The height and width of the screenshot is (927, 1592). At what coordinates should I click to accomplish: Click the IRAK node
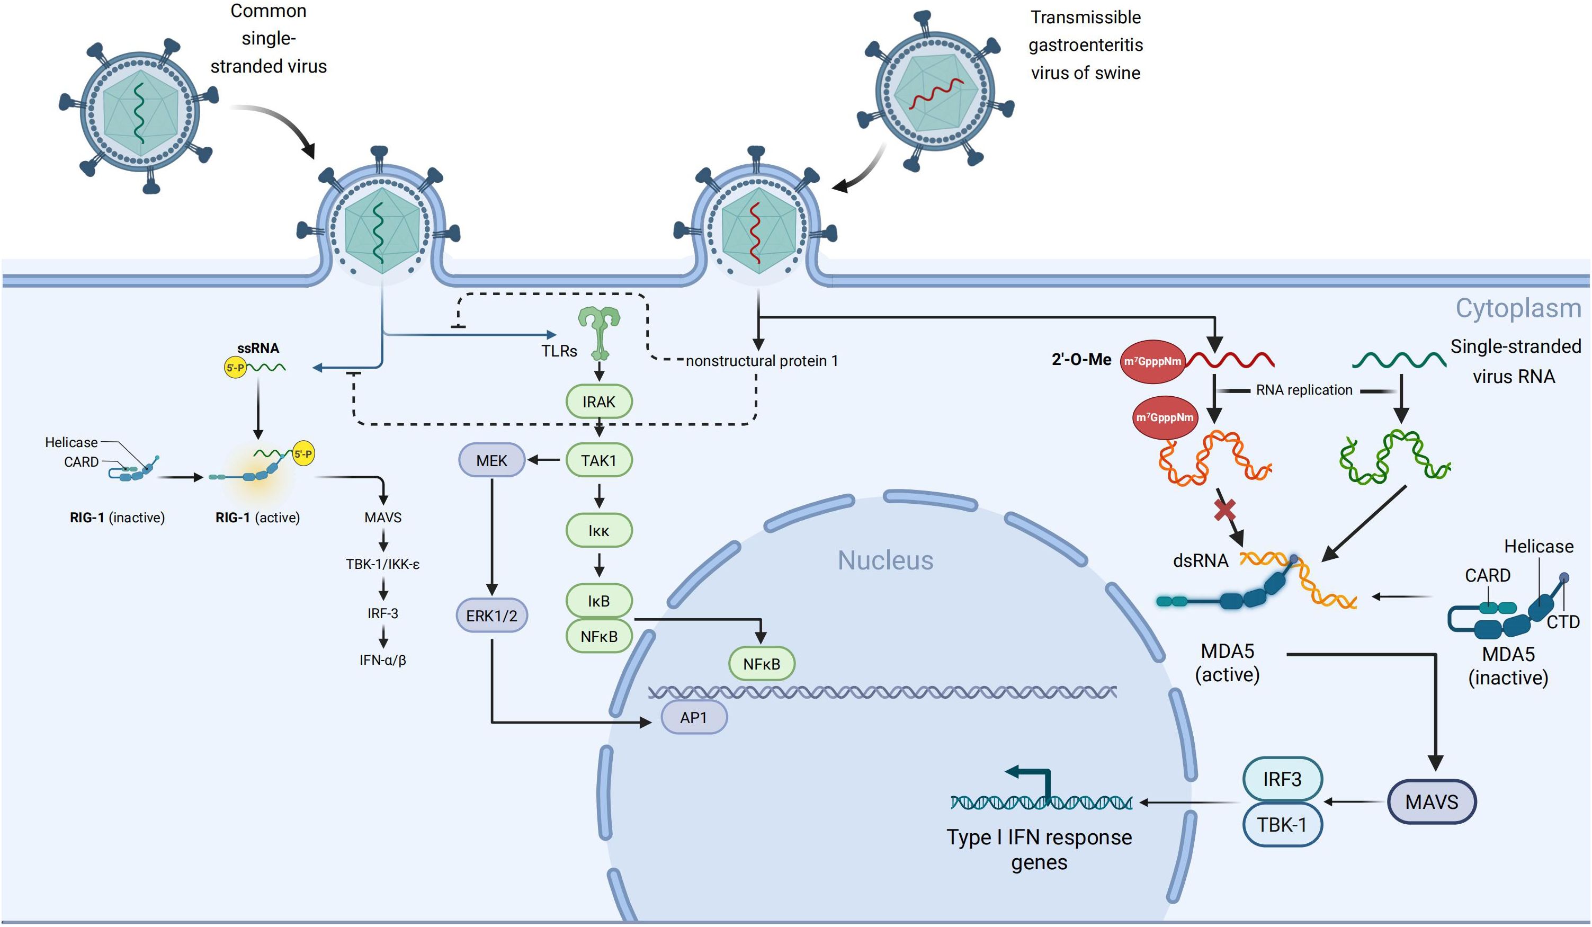pos(598,402)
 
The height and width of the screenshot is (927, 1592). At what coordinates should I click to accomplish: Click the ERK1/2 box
pos(491,616)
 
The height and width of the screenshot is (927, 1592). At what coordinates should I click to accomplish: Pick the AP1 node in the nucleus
pos(694,717)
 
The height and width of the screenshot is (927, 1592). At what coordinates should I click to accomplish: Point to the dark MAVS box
pos(1432,802)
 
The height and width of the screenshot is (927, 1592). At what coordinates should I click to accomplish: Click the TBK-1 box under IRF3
pos(1282,825)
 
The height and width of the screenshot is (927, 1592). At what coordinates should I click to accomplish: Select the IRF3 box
pos(1282,779)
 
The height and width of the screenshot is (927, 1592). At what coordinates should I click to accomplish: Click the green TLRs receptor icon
pos(599,332)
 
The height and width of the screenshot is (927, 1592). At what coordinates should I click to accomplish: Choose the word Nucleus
pos(885,560)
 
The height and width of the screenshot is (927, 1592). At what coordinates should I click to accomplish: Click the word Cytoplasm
pos(1517,308)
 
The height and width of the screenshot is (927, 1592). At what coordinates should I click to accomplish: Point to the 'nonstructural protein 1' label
pos(761,361)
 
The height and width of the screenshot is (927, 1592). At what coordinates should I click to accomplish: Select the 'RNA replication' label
pos(1304,390)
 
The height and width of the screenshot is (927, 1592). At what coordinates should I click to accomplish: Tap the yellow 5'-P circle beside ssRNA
pos(236,367)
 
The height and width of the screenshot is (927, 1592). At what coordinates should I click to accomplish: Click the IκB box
pos(599,601)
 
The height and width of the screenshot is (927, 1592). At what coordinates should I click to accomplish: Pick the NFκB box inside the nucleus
pos(761,664)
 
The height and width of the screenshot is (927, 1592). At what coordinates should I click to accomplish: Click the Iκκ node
pos(599,531)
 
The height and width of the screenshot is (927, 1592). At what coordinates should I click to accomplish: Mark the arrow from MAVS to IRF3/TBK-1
pos(1355,802)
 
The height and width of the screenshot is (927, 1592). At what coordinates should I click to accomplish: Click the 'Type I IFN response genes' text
pos(1039,849)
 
